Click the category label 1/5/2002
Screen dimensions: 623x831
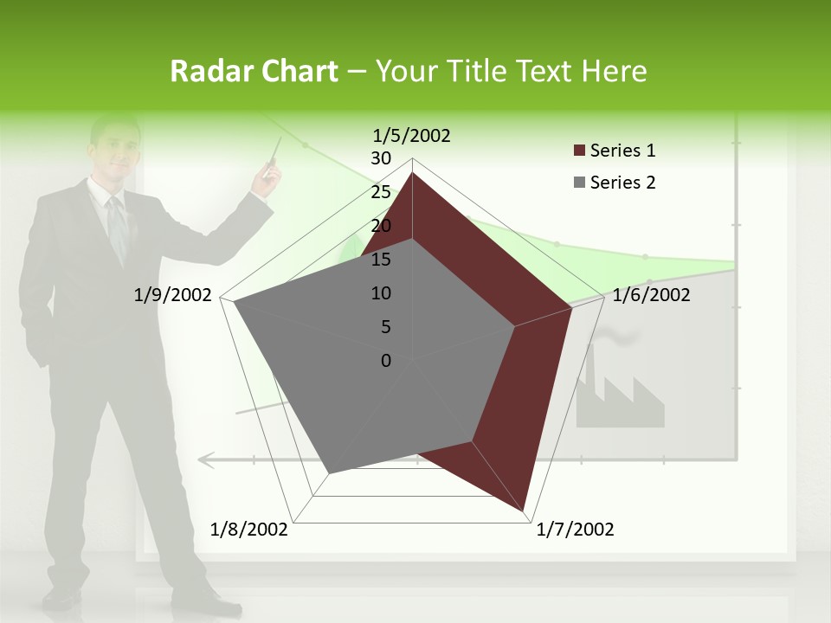click(411, 135)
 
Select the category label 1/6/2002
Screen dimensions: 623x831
click(651, 295)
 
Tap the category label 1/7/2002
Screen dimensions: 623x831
click(575, 530)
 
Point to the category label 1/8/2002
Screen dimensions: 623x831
click(249, 530)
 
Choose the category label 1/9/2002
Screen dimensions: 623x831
click(172, 295)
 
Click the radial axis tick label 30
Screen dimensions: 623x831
click(381, 158)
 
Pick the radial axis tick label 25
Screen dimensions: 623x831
click(381, 192)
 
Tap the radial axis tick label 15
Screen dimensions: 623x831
click(381, 260)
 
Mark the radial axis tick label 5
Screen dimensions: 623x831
click(385, 327)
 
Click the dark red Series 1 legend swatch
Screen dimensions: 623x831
click(579, 151)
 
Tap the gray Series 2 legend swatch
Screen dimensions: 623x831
click(579, 183)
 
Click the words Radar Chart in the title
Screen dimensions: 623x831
click(254, 71)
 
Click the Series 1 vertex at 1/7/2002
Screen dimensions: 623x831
click(525, 511)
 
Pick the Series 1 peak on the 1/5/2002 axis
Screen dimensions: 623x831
click(412, 173)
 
